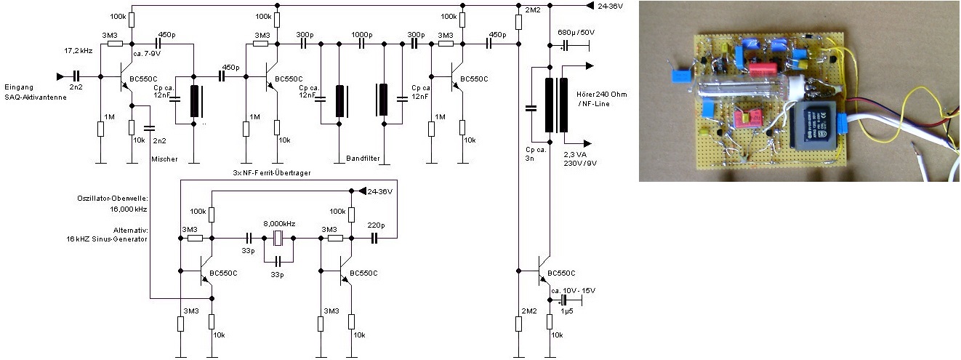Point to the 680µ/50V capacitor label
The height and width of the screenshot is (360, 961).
[x=576, y=33]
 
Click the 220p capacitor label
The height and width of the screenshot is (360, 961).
[x=376, y=225]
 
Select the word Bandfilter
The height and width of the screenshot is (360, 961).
[x=361, y=158]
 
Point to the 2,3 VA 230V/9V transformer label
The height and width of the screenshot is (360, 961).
[x=579, y=158]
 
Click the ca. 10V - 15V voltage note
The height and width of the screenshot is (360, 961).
[x=573, y=291]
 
